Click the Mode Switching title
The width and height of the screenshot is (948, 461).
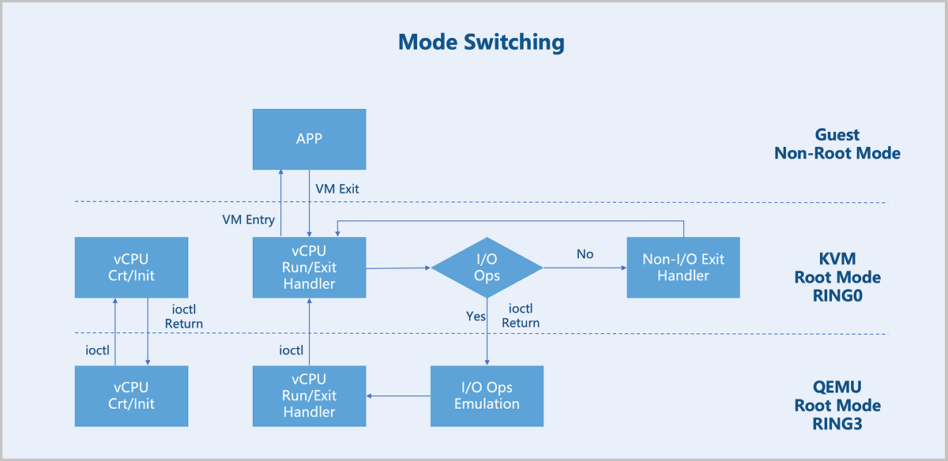coord(481,43)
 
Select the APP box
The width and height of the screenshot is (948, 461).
coord(310,139)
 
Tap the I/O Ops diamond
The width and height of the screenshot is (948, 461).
coord(487,268)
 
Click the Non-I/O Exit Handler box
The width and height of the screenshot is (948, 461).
coord(683,268)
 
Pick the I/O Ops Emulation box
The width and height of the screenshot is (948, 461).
coord(487,395)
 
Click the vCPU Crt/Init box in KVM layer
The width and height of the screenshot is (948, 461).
coord(132,268)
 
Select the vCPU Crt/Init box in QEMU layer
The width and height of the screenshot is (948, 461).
coord(132,395)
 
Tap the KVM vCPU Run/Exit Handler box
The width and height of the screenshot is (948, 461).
coord(310,268)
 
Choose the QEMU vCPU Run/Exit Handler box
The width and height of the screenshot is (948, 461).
coord(310,395)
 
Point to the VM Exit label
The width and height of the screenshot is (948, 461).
coord(337,189)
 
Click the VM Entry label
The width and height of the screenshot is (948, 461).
coord(248,220)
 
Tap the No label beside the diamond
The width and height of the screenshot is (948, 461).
coord(585,253)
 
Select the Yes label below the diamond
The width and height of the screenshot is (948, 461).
coord(476,316)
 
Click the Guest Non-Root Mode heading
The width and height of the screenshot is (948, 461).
coord(837,144)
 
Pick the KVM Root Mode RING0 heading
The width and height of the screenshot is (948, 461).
coord(837,277)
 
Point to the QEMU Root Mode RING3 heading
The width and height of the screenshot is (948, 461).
coord(837,405)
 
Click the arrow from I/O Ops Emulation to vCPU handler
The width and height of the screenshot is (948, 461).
coord(398,395)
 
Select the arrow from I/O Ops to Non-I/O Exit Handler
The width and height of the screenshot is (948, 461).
coord(585,268)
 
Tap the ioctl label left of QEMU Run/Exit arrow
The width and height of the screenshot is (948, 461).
coord(292,350)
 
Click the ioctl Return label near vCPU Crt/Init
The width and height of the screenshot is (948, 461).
coord(183,317)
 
